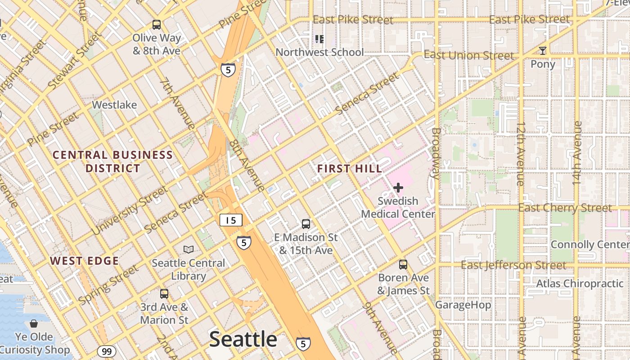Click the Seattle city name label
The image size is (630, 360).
point(243,339)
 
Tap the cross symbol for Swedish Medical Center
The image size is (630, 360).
point(398,188)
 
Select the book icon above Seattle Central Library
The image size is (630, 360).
point(189,249)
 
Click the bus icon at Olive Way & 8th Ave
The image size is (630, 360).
point(156,25)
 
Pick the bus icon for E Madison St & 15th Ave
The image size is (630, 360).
point(306,224)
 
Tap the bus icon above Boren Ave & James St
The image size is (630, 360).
point(403,265)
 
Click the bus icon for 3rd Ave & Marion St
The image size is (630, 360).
point(164,294)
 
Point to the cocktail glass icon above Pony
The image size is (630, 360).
point(543,51)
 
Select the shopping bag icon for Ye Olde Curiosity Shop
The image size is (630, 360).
point(34,324)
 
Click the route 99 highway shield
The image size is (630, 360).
point(106,351)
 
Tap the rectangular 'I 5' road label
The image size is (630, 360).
point(231,220)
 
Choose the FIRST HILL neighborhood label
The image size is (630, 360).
point(350,169)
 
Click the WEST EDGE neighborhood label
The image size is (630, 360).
point(84,261)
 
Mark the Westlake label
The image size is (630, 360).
point(114,105)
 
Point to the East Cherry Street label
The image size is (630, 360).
point(565,208)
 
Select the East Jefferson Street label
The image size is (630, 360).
point(513,265)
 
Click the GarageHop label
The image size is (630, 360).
point(463,305)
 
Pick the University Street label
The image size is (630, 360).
point(130,210)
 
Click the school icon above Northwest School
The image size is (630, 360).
point(319,39)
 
